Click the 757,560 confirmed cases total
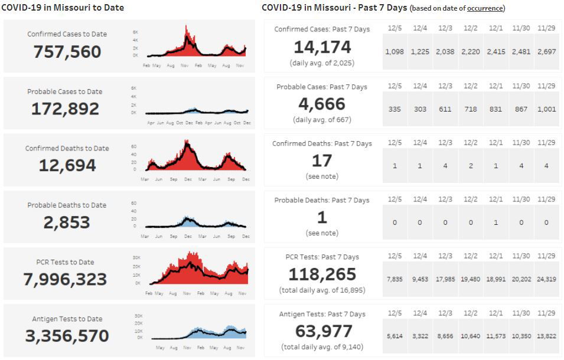click(x=67, y=52)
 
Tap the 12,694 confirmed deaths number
click(x=67, y=166)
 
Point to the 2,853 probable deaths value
click(x=67, y=222)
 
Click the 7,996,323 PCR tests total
click(x=65, y=279)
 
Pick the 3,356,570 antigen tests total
click(x=67, y=336)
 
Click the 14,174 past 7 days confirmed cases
click(x=322, y=47)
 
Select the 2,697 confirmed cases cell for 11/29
click(x=546, y=52)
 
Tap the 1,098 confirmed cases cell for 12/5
click(x=395, y=52)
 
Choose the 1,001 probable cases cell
click(x=546, y=109)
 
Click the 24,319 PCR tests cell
click(x=546, y=279)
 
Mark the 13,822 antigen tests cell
click(x=546, y=336)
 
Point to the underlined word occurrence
click(x=485, y=9)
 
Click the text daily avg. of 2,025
click(x=322, y=63)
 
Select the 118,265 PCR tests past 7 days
click(x=322, y=274)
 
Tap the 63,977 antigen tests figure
click(x=322, y=331)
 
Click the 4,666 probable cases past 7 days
click(x=322, y=104)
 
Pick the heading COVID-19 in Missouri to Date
click(x=63, y=8)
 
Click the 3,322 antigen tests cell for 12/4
click(x=420, y=336)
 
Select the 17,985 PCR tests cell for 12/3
click(x=445, y=279)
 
